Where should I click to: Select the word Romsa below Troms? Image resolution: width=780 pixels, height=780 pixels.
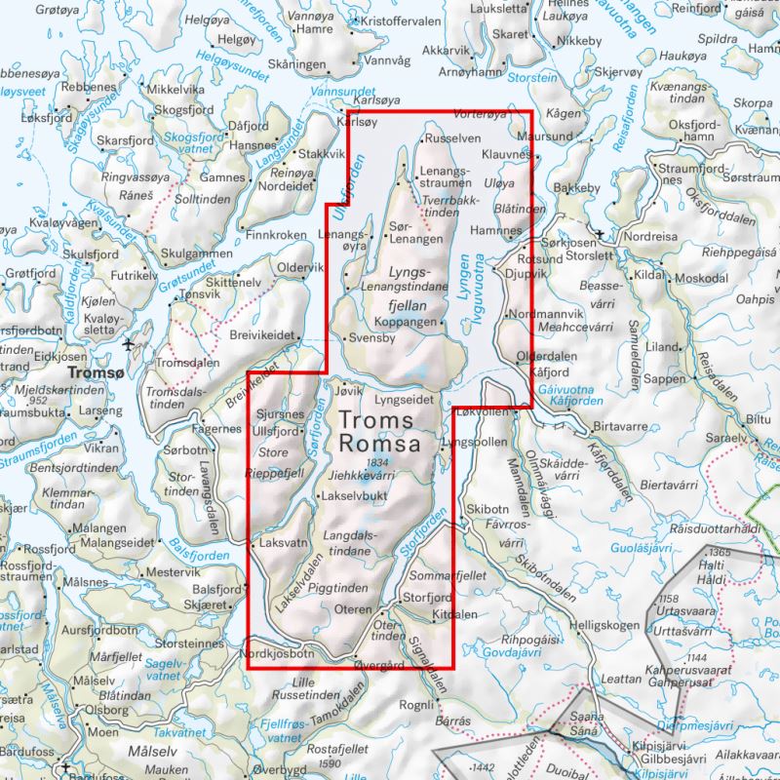(380, 445)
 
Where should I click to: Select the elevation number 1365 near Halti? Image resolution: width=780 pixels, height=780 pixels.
(721, 552)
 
